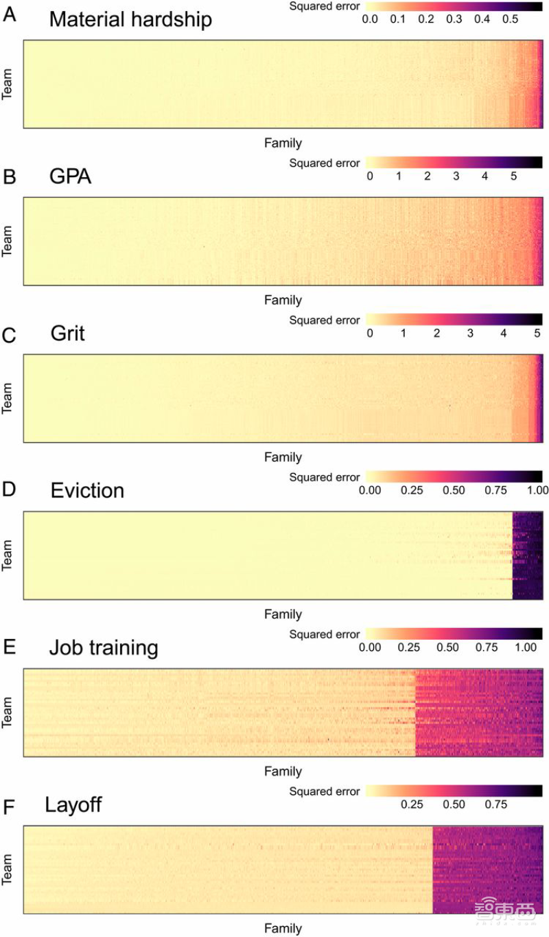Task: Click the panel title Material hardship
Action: click(x=130, y=19)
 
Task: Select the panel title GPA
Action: click(x=71, y=176)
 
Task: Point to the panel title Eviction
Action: click(x=87, y=491)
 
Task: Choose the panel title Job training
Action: click(x=104, y=647)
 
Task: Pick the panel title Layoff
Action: click(x=73, y=805)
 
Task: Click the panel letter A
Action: click(x=10, y=14)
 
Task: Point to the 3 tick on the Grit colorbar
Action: click(x=470, y=334)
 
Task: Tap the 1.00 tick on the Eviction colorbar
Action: click(x=537, y=491)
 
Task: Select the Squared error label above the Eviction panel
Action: click(x=324, y=477)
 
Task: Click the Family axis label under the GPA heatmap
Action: click(x=283, y=301)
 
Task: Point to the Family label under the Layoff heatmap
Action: click(x=283, y=929)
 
